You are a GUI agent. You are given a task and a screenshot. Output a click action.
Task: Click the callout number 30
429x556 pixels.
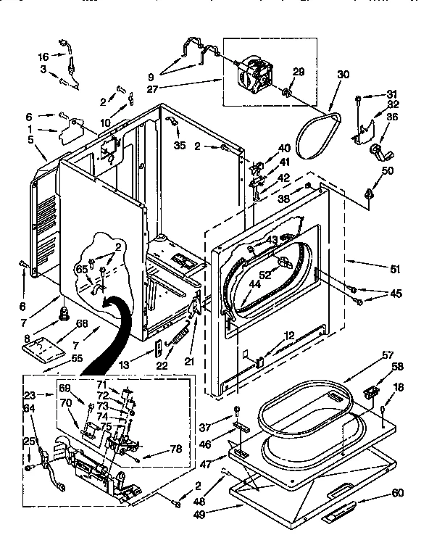pyautogui.click(x=343, y=73)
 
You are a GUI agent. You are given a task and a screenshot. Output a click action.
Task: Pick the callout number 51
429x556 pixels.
pyautogui.click(x=394, y=269)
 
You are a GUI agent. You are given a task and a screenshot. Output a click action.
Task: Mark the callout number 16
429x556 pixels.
pyautogui.click(x=43, y=56)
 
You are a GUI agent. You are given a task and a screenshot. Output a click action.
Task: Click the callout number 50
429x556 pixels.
pyautogui.click(x=388, y=170)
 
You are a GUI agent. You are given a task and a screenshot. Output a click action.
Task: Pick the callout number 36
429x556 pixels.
pyautogui.click(x=392, y=117)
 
